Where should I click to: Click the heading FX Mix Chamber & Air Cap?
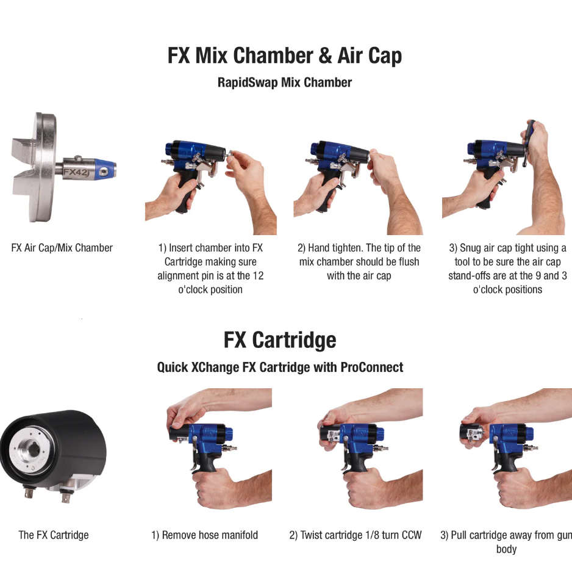point(285,56)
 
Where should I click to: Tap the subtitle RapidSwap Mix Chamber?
point(285,82)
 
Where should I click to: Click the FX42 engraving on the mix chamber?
point(76,172)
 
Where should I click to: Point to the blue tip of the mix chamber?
point(105,169)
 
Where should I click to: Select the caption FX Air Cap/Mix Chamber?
point(62,248)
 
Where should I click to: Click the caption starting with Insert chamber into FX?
point(210,269)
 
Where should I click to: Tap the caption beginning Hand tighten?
point(359,262)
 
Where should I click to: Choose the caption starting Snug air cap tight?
point(508,269)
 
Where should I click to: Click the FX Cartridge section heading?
point(280,340)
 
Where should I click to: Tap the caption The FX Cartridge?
point(54,535)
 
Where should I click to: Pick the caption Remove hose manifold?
point(205,535)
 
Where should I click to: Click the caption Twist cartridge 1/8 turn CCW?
point(356,535)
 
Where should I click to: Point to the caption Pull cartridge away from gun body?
point(506,542)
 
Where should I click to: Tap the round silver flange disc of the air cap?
point(45,167)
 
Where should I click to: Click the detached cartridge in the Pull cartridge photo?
point(471,433)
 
